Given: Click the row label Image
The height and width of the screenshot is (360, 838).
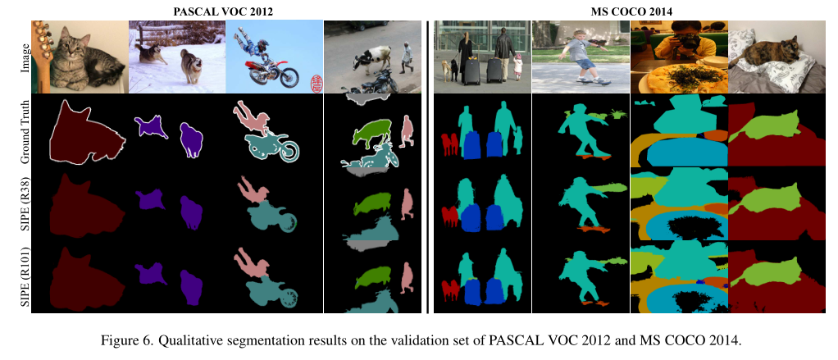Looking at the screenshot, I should point(25,57).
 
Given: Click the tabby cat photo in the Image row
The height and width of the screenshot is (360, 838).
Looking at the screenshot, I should point(80,57).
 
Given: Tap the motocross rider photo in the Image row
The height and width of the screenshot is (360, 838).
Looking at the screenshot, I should point(273,57).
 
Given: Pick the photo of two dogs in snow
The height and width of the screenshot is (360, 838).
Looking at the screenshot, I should point(176,57).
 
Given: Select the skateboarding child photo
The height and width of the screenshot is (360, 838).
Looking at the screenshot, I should point(580,57).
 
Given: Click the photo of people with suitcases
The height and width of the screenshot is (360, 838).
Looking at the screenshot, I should point(482,57).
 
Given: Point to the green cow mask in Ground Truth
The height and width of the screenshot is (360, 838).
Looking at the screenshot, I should point(372,132).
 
